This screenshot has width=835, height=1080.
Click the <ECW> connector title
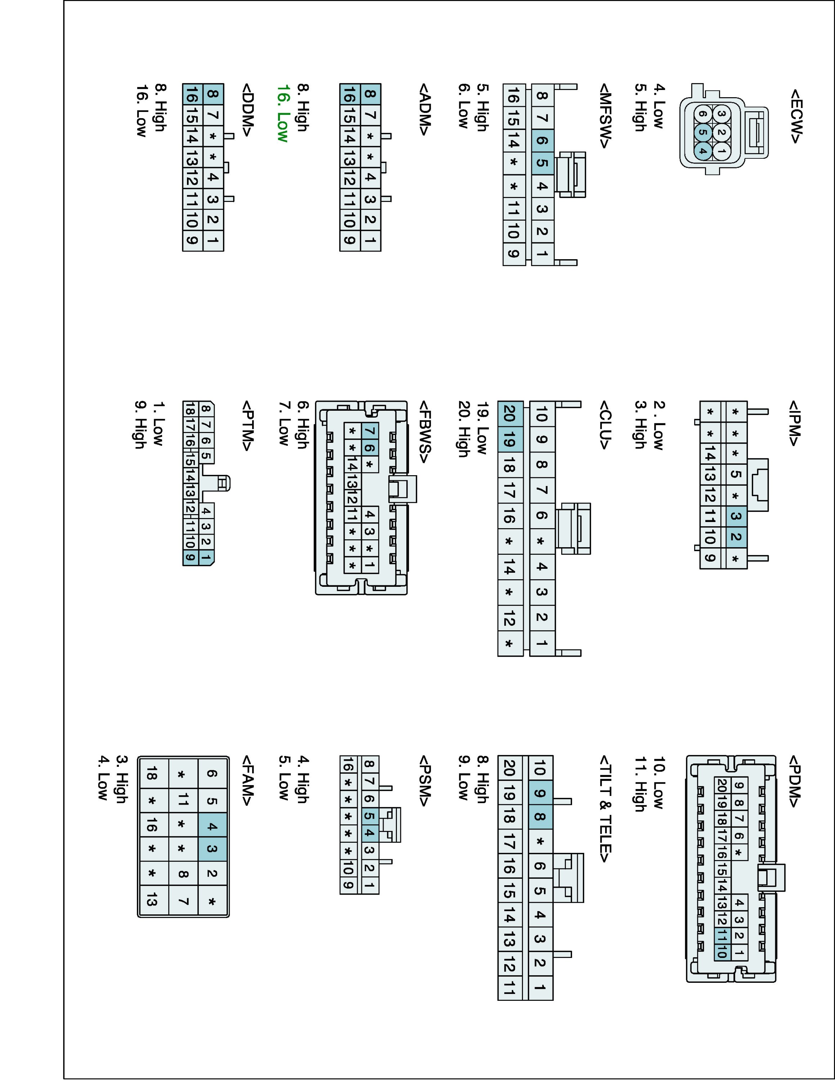point(795,116)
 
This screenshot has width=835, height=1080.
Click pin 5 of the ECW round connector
point(702,132)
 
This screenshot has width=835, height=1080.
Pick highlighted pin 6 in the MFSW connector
point(542,140)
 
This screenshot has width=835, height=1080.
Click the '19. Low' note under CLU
point(482,428)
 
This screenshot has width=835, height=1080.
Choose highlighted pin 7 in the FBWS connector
point(370,431)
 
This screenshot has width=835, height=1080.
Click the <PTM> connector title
point(248,426)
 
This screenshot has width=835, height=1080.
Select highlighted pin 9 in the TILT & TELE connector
point(540,794)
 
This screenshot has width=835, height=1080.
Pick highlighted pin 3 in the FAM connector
point(212,849)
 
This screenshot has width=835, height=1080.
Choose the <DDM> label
point(248,110)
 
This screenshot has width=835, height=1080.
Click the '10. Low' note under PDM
point(658,782)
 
